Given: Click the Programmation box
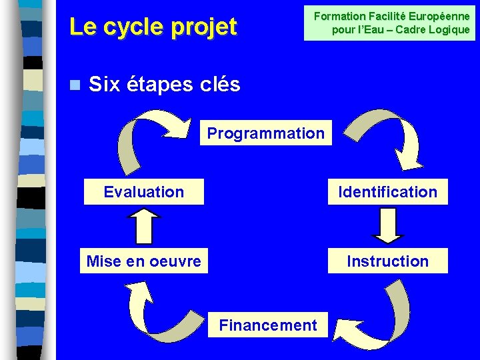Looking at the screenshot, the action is tap(265, 133).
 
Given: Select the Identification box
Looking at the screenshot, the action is tap(387, 192).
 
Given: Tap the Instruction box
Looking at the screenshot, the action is tap(387, 261).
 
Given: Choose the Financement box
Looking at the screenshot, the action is tap(268, 325).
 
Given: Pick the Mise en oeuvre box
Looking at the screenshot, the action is tap(144, 261).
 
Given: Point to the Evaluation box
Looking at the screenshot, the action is tap(144, 192).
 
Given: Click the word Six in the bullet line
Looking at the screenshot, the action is tap(103, 85).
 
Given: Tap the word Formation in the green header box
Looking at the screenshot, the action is tap(339, 16).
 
